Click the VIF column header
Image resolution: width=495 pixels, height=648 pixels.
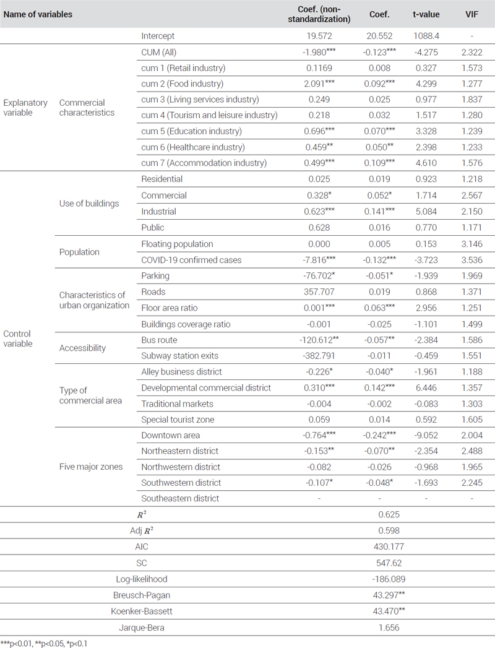point(471,14)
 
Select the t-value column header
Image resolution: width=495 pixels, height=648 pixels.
point(426,14)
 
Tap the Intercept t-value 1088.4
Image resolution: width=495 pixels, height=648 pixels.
point(426,36)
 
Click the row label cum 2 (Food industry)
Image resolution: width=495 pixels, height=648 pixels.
point(182,84)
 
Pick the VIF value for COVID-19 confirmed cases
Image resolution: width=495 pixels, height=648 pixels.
point(471,260)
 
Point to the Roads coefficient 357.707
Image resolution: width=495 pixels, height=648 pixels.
point(319,292)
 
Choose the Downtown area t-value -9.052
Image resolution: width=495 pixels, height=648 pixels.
point(426,435)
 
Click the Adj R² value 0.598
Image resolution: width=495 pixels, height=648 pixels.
point(389,530)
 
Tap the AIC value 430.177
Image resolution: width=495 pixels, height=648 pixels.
point(389,546)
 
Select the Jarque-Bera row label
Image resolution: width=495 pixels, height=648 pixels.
point(142,628)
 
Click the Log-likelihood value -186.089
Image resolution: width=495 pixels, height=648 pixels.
point(389,579)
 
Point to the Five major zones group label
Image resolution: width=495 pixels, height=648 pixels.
point(91,467)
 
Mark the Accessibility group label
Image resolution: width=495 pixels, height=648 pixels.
point(82,348)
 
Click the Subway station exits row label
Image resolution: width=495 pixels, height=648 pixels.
point(179,356)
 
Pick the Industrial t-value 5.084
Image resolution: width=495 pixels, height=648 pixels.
point(426,212)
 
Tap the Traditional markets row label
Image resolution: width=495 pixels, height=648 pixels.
point(177,404)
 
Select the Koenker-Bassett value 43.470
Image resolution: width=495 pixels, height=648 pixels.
point(389,611)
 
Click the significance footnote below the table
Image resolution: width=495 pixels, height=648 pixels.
point(44,644)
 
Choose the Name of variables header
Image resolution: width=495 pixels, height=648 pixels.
point(38,14)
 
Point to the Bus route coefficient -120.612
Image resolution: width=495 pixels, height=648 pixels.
point(319,340)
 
